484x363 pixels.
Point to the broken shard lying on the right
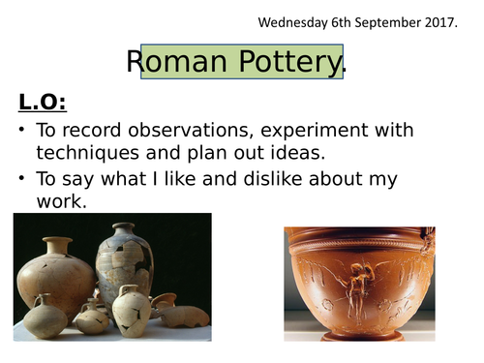point(185,316)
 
